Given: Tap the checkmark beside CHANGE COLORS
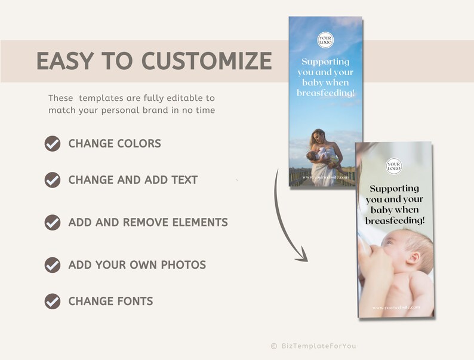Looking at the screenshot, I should (53, 143).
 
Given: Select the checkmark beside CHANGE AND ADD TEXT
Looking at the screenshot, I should (53, 180).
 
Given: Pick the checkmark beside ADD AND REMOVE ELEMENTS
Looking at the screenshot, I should (53, 223).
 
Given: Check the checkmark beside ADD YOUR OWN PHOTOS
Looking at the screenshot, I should (53, 265).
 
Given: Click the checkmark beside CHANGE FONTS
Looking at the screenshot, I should (53, 301).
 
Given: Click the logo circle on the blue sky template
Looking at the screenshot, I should (325, 40).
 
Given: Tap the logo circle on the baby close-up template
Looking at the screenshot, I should (394, 166).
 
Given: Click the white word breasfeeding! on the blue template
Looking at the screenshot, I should (325, 93).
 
